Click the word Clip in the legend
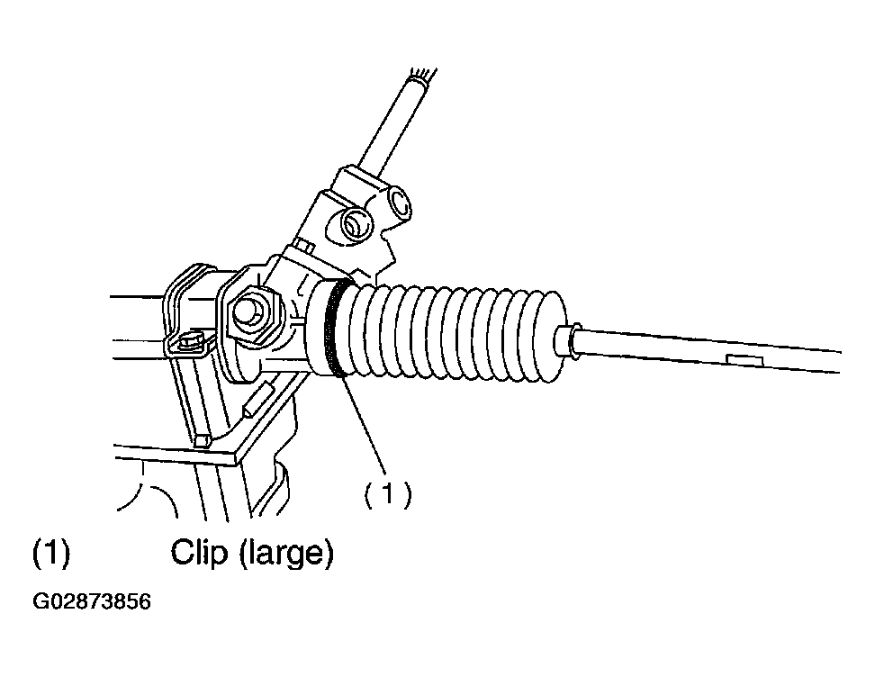coord(199,552)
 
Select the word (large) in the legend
coord(286,553)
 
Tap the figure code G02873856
coord(92,601)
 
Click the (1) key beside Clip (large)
coord(51,553)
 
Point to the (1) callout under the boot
coord(388,494)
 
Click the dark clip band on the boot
coord(334,329)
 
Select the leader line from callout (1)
coord(364,425)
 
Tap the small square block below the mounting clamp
coord(203,440)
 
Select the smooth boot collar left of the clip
coord(316,329)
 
